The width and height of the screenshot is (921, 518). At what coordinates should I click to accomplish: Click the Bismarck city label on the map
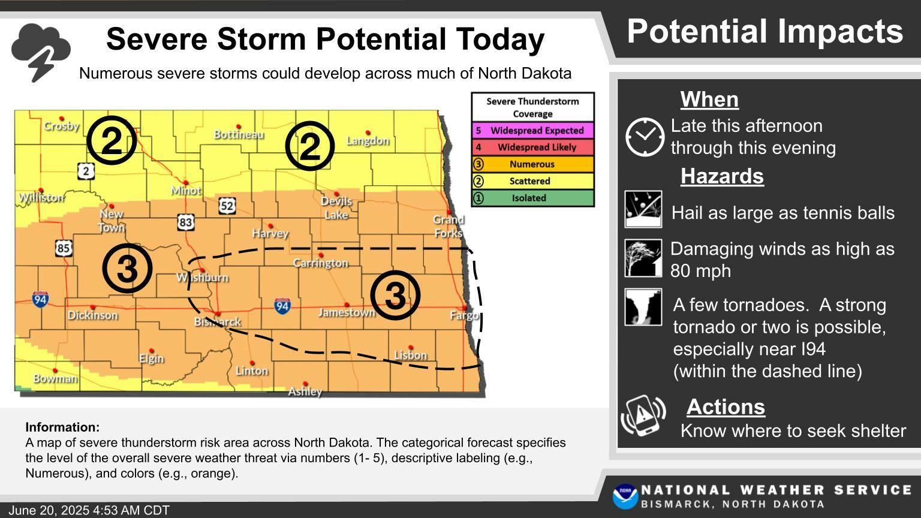click(x=218, y=322)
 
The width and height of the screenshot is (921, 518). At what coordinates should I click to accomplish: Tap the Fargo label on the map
click(x=465, y=315)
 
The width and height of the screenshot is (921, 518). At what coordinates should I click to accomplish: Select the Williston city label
click(x=41, y=198)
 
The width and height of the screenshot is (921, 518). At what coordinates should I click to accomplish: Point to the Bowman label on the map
click(x=55, y=378)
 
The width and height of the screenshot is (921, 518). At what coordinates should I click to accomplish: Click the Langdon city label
click(x=368, y=141)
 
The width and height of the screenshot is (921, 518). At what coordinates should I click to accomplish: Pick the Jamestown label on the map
click(x=347, y=313)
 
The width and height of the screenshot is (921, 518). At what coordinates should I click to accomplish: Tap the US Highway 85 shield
click(x=64, y=248)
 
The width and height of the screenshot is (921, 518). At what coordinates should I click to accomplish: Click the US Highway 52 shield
click(x=227, y=206)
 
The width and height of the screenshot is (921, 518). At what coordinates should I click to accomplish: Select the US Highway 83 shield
click(x=185, y=222)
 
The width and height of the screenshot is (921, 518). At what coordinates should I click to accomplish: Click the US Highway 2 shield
click(x=86, y=171)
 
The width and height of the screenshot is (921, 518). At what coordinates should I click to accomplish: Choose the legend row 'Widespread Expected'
click(x=533, y=131)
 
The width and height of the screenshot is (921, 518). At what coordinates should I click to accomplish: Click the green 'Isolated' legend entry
click(x=533, y=198)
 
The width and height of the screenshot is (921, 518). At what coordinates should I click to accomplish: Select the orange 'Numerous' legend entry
click(x=533, y=164)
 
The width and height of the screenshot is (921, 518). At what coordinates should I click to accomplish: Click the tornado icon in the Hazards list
click(x=643, y=307)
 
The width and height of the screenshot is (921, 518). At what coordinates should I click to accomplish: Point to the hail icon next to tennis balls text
click(x=643, y=209)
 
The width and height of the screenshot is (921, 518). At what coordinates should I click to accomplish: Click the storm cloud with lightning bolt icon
click(x=41, y=52)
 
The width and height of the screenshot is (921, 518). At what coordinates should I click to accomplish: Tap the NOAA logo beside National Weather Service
click(x=625, y=496)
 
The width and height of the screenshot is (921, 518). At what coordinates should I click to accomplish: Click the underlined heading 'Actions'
click(x=726, y=407)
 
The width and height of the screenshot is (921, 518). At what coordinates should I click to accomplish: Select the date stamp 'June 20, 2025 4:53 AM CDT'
click(x=89, y=511)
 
